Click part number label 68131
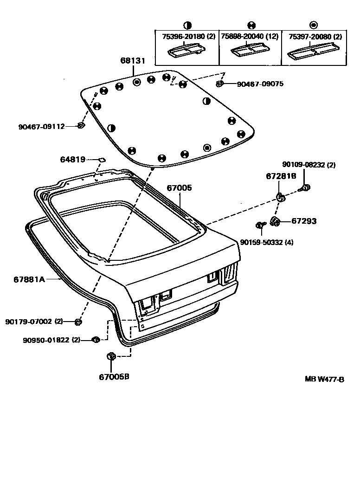click(x=133, y=61)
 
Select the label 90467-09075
click(x=260, y=84)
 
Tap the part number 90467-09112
click(x=41, y=126)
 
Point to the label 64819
click(x=72, y=160)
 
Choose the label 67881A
click(x=29, y=279)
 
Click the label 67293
click(x=304, y=221)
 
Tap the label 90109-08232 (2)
click(x=309, y=164)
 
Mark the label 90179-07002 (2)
click(x=34, y=322)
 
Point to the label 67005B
click(x=114, y=376)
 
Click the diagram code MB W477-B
click(x=324, y=379)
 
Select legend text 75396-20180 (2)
click(x=188, y=37)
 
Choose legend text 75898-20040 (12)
click(x=250, y=37)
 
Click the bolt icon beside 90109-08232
click(x=306, y=187)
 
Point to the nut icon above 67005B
click(x=110, y=356)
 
